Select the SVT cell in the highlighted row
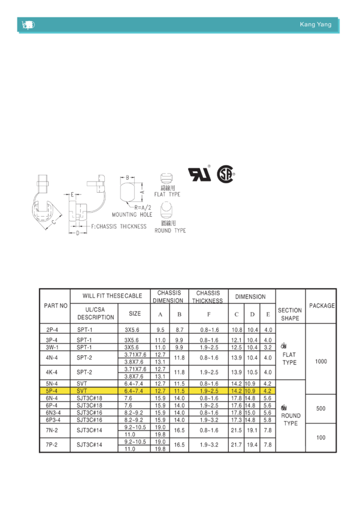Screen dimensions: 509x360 78,390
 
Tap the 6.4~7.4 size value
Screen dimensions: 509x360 134,390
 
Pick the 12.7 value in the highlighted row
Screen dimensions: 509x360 160,390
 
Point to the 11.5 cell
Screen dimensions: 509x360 179,390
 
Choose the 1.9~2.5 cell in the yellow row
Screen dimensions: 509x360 208,390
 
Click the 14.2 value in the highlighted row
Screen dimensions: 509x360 236,390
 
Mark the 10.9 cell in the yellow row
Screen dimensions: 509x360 252,390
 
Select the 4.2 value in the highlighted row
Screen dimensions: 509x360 268,390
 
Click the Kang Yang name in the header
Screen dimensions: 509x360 315,25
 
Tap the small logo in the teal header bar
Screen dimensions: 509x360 28,25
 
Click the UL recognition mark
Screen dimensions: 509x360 199,174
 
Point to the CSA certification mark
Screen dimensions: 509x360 226,174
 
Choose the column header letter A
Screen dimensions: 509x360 160,313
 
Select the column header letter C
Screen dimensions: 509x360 236,313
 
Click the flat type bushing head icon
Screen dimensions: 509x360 167,180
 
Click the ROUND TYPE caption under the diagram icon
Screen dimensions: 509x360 170,230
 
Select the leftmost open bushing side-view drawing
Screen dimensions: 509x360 44,204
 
